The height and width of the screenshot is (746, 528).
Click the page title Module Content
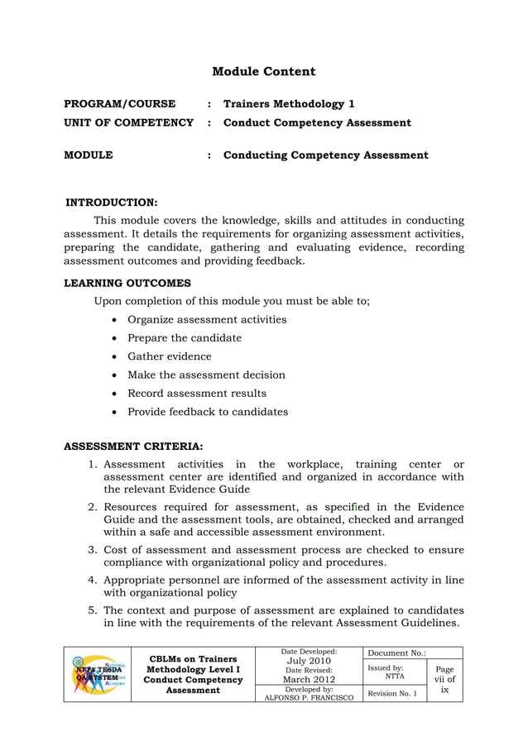click(263, 72)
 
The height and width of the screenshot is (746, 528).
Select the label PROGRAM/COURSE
click(120, 104)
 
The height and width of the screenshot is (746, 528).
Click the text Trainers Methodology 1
click(289, 104)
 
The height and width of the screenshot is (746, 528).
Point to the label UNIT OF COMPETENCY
click(129, 123)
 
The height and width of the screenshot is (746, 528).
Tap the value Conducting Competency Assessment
click(326, 155)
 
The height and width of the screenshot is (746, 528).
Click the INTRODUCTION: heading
click(112, 202)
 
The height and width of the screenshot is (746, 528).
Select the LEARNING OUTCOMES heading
click(127, 283)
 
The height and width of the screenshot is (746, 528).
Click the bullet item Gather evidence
click(169, 356)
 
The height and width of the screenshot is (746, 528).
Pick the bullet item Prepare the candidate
click(184, 338)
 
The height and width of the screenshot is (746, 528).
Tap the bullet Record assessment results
click(196, 393)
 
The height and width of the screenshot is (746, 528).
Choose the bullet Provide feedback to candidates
click(207, 412)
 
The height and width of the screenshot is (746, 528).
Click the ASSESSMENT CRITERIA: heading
click(133, 447)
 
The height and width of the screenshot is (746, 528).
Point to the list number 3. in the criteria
click(94, 550)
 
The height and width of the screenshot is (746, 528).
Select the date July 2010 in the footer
click(308, 661)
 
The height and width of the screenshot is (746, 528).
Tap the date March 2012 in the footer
click(308, 680)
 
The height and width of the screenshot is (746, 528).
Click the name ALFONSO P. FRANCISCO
click(308, 697)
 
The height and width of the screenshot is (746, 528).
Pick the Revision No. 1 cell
click(392, 693)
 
